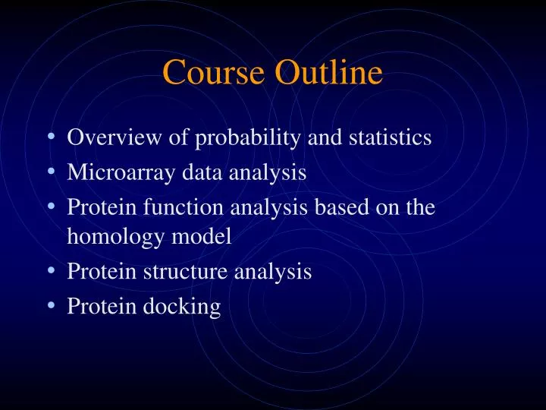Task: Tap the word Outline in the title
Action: (328, 73)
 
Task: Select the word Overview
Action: (113, 137)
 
